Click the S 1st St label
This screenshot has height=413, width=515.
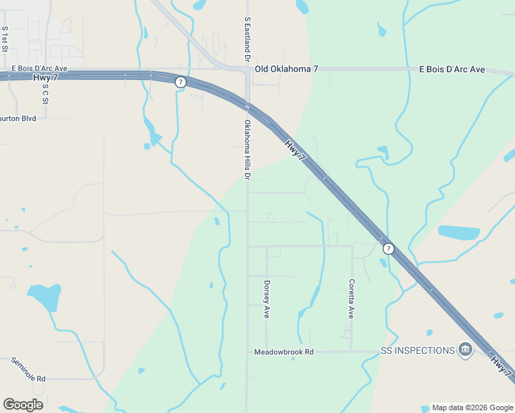pyautogui.click(x=5, y=35)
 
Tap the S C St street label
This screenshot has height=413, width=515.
pyautogui.click(x=45, y=90)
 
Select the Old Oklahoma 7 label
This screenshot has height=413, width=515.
pyautogui.click(x=286, y=69)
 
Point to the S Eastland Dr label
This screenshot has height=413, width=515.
pyautogui.click(x=247, y=38)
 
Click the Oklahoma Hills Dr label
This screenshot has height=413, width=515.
pyautogui.click(x=246, y=149)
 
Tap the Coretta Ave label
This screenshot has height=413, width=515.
pyautogui.click(x=351, y=298)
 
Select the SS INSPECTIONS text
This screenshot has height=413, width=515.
pyautogui.click(x=417, y=350)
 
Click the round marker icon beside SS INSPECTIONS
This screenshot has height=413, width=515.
pyautogui.click(x=465, y=350)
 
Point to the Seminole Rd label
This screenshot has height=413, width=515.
pyautogui.click(x=27, y=370)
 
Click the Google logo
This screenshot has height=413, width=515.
pyautogui.click(x=23, y=405)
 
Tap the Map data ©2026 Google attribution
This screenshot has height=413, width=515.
pyautogui.click(x=472, y=407)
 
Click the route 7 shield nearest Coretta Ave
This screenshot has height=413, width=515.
pyautogui.click(x=388, y=248)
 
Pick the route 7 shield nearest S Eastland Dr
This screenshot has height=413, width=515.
pyautogui.click(x=180, y=82)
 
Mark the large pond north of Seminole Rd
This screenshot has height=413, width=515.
pyautogui.click(x=45, y=297)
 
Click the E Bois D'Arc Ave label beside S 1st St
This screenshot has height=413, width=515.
pyautogui.click(x=39, y=69)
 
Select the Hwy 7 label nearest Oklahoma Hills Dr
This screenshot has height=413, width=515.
pyautogui.click(x=295, y=148)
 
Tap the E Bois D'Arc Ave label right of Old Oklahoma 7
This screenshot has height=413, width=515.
pyautogui.click(x=452, y=69)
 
